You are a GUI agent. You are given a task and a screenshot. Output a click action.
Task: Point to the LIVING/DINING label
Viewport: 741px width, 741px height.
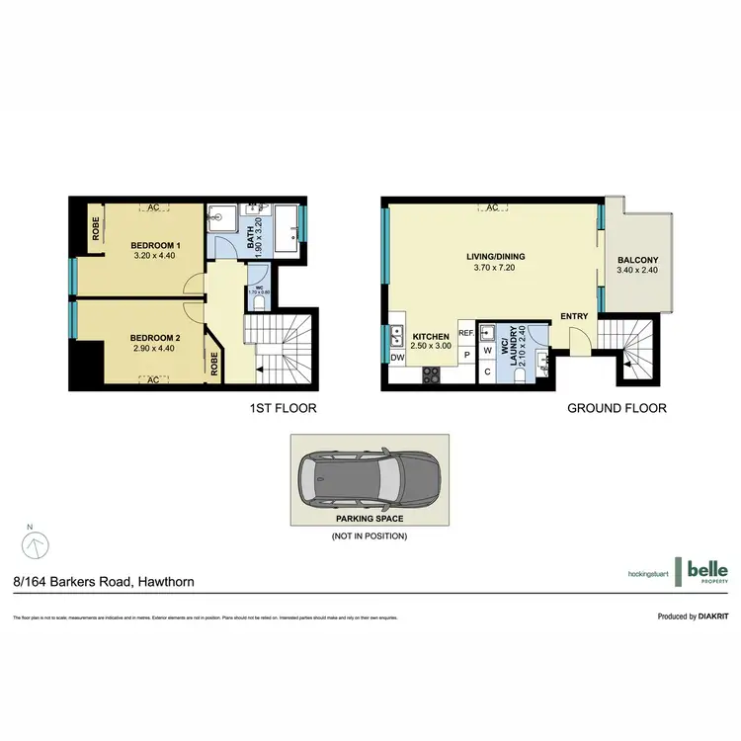(495, 257)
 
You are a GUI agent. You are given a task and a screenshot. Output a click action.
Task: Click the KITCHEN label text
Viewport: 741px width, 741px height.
(431, 335)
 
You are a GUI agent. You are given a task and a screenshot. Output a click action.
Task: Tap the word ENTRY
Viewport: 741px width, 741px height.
(574, 316)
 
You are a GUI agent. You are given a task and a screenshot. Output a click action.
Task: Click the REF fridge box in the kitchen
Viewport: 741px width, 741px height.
(466, 334)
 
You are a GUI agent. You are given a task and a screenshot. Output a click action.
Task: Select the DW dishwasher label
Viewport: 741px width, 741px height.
(397, 358)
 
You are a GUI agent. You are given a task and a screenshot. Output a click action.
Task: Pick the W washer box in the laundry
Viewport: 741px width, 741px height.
(487, 351)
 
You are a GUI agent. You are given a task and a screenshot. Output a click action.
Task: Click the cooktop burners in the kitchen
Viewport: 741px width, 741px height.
(432, 374)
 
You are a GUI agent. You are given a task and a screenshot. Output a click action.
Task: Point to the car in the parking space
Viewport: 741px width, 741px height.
(368, 478)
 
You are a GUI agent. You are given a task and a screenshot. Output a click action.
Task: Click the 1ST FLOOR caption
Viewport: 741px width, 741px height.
(283, 408)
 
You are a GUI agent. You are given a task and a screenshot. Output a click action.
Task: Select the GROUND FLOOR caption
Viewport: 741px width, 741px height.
(617, 408)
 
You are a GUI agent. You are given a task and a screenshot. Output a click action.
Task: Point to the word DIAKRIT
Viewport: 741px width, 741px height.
(711, 616)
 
